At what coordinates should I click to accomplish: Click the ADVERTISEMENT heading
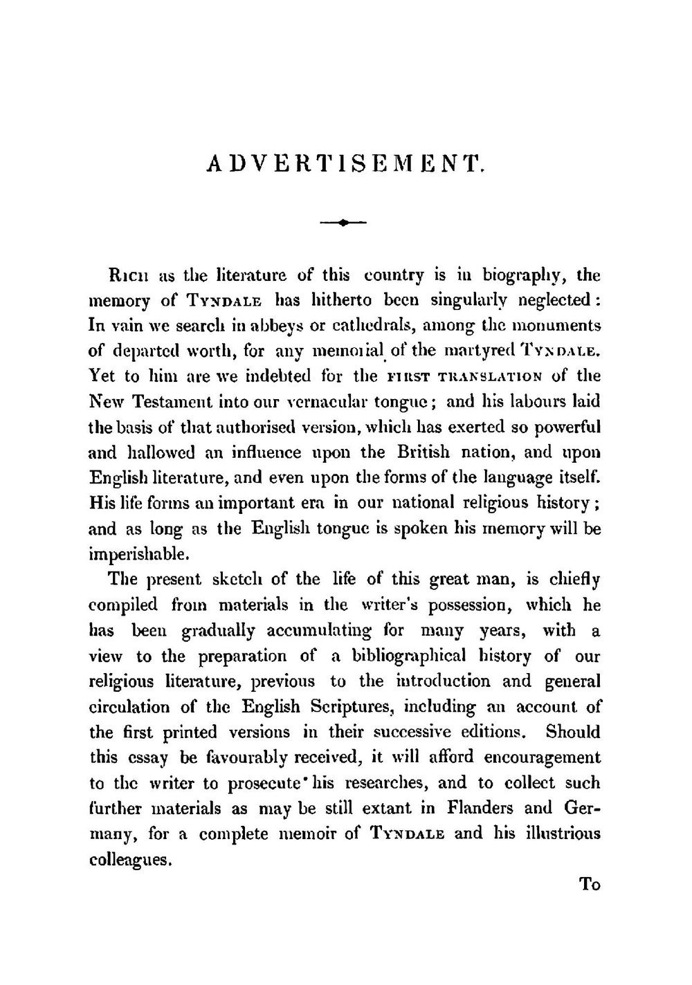(344, 164)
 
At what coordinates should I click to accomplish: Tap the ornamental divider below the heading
(344, 222)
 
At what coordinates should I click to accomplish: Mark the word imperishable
(138, 554)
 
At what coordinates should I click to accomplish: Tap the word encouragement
(543, 757)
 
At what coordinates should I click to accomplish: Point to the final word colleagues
(130, 860)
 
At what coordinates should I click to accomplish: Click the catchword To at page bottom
(590, 885)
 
